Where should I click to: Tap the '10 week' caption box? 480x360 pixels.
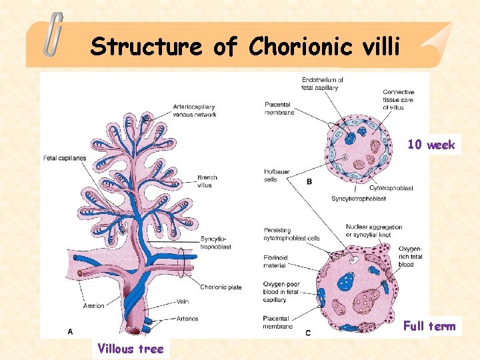(431, 145)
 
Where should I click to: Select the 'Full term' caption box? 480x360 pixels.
(429, 326)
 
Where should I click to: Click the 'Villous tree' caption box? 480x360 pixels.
(130, 348)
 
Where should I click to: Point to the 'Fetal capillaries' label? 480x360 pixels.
(65, 158)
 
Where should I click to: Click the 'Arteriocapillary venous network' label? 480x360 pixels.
(194, 110)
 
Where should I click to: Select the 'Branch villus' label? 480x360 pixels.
(207, 181)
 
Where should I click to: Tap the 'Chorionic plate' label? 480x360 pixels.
(221, 287)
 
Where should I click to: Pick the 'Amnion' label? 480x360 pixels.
(94, 306)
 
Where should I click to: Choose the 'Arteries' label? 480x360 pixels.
(187, 319)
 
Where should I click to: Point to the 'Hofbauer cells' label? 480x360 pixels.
(271, 175)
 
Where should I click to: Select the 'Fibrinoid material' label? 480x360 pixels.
(275, 261)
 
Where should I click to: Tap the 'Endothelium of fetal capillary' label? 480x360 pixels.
(323, 84)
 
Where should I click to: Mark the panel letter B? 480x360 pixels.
(309, 181)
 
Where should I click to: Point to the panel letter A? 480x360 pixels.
(70, 331)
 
